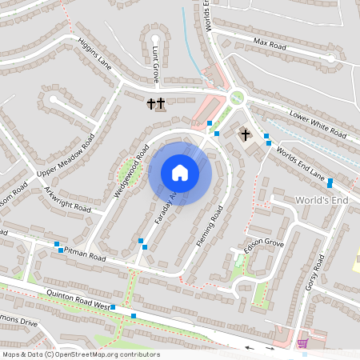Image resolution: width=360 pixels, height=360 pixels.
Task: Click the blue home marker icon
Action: point(180,172)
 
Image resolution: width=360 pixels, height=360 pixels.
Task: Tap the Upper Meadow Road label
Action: point(66,157)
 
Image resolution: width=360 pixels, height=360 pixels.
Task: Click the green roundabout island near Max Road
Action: point(236,98)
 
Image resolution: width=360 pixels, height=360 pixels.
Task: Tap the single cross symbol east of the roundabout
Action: point(245,134)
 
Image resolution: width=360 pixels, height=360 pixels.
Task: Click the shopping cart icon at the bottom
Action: point(302,343)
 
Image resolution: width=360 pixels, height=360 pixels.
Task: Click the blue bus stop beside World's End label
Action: point(330,183)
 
